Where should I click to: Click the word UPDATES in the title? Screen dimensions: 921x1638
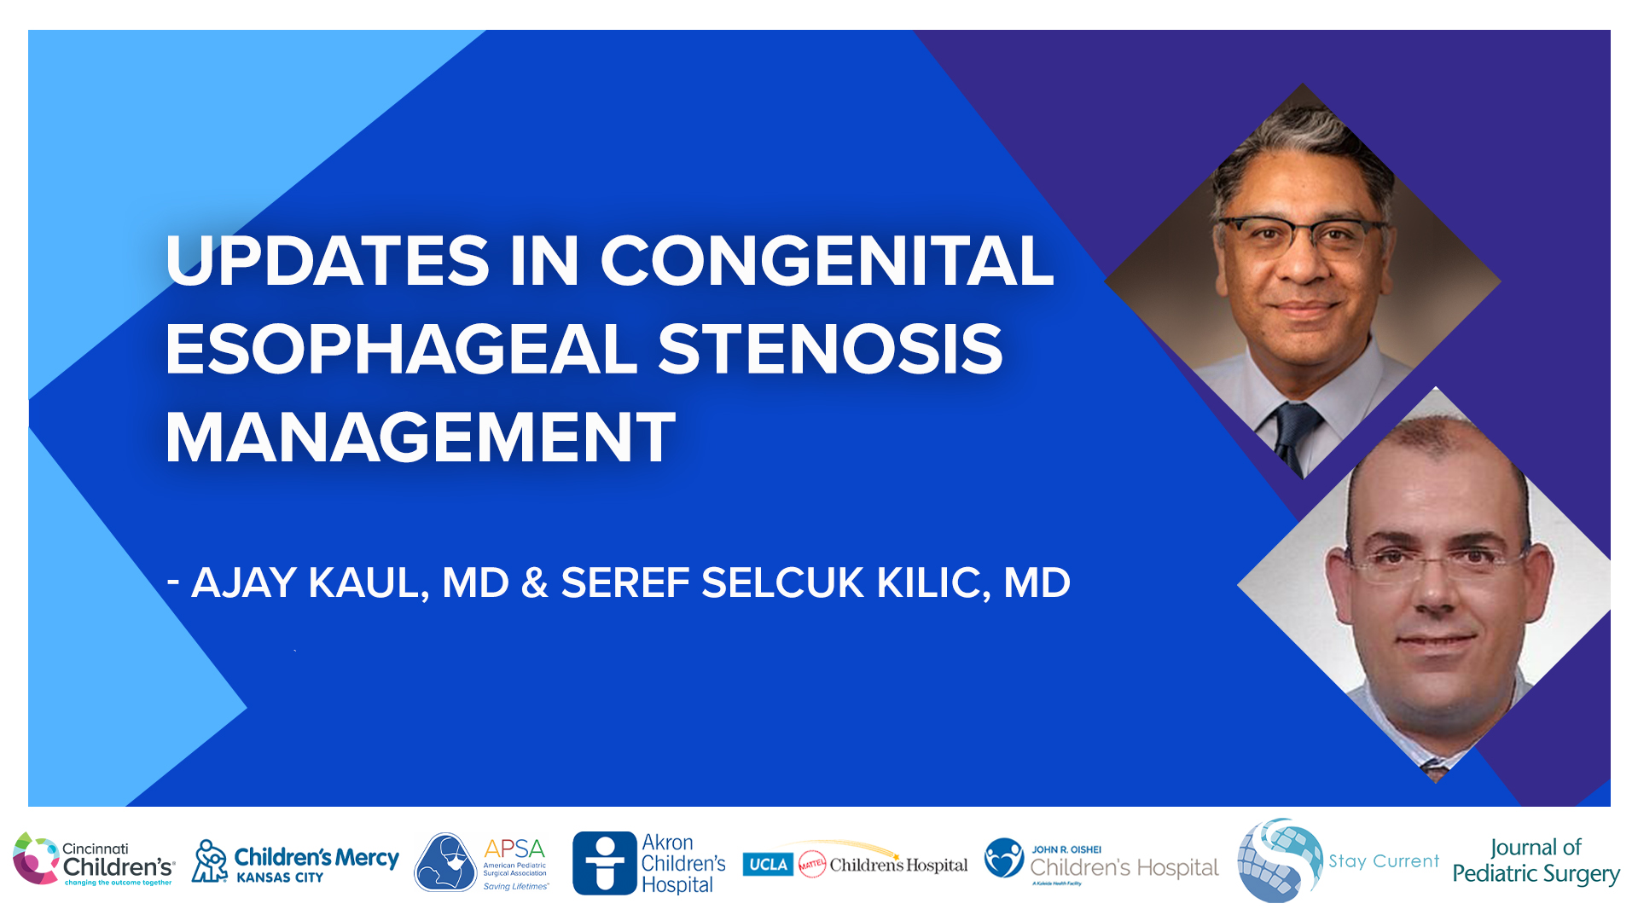[x=328, y=261]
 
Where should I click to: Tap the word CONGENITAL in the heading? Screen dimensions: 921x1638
[x=827, y=261]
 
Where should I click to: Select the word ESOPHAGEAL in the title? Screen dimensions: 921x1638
[x=401, y=350]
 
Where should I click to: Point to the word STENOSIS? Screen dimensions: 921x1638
[x=830, y=350]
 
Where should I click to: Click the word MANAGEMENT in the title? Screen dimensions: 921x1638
[x=420, y=438]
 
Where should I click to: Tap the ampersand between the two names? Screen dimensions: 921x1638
[x=534, y=583]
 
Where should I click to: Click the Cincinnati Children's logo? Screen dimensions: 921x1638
[x=94, y=860]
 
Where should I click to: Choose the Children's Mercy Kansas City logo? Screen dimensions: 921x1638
[x=294, y=861]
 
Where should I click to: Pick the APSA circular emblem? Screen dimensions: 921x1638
[x=445, y=862]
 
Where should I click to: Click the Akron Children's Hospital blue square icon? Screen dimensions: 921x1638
[x=605, y=863]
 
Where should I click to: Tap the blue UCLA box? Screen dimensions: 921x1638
[x=768, y=865]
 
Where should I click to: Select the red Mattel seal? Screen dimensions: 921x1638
[x=811, y=865]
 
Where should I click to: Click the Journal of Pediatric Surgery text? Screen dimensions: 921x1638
[x=1536, y=861]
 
